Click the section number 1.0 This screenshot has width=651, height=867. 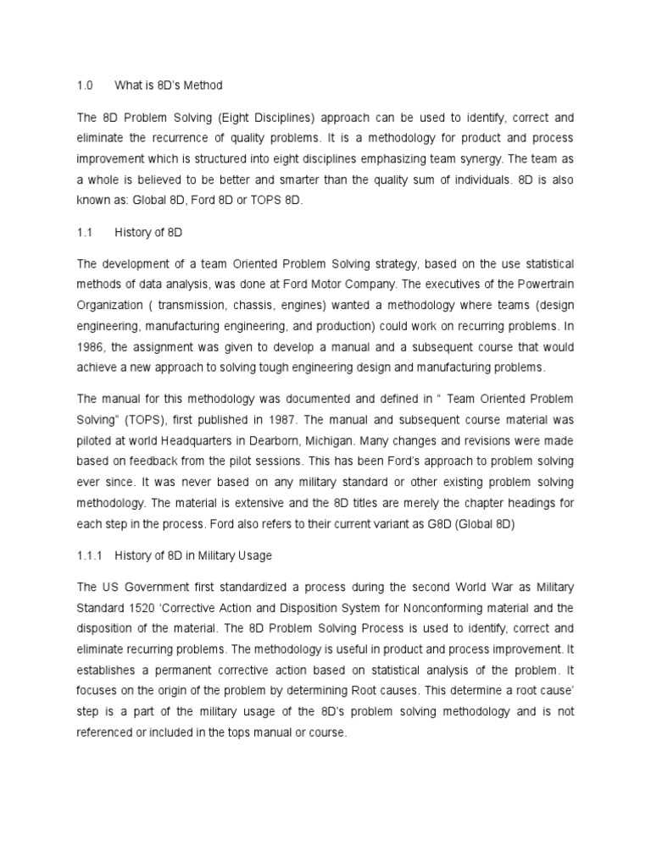(x=84, y=86)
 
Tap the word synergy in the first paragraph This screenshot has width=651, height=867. (x=465, y=157)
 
